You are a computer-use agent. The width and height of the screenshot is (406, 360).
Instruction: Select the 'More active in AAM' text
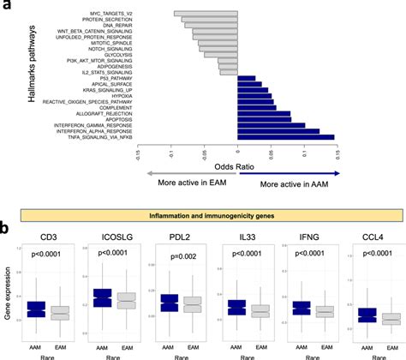click(284, 184)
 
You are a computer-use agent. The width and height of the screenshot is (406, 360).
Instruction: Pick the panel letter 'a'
click(6, 8)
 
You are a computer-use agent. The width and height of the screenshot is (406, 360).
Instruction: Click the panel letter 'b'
click(6, 230)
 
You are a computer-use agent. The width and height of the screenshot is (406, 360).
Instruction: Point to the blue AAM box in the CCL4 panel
click(367, 315)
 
